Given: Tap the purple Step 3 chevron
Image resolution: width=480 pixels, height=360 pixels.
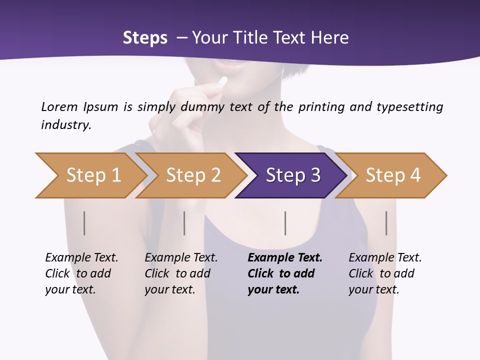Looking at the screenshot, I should tap(293, 175).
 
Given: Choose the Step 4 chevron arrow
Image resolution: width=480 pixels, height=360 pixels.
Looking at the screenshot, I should tap(393, 175).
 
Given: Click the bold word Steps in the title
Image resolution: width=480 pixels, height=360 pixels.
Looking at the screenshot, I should tap(145, 37).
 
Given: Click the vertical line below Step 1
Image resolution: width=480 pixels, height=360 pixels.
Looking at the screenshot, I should tap(84, 223).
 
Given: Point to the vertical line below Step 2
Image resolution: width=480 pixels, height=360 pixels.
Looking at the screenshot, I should tap(184, 223).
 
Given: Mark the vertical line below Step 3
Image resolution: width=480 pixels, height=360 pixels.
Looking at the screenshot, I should tap(285, 223).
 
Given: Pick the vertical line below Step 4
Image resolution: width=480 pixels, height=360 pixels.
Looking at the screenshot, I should tap(386, 223).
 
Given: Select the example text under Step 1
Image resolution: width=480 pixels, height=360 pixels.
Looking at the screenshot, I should tap(81, 273).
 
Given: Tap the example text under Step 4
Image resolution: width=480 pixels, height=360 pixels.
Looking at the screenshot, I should tap(385, 273).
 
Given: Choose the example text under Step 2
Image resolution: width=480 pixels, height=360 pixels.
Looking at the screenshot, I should tap(181, 273).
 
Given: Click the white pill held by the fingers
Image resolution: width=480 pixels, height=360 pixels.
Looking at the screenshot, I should tap(223, 80).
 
